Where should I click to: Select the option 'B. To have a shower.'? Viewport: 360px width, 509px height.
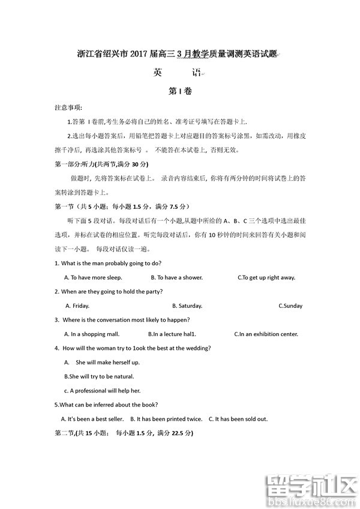pyautogui.click(x=176, y=278)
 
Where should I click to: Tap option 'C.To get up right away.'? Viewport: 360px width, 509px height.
pyautogui.click(x=266, y=278)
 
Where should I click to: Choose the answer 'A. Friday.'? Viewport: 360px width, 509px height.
pyautogui.click(x=77, y=306)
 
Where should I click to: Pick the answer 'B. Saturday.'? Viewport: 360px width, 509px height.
pyautogui.click(x=187, y=306)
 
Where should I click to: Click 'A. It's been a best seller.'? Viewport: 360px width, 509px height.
pyautogui.click(x=92, y=419)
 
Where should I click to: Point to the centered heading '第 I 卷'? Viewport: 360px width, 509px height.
pyautogui.click(x=180, y=91)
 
